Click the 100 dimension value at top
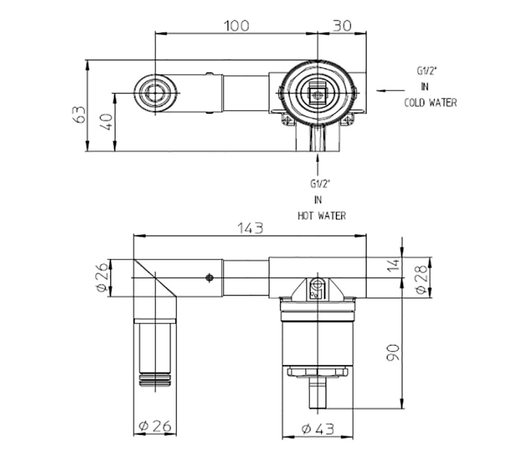(236, 26)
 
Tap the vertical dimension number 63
(80, 114)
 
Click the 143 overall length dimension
(250, 228)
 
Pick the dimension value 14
(393, 264)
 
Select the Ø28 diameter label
(422, 277)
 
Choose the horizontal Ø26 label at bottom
(154, 426)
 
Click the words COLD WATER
(430, 103)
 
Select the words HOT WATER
(321, 216)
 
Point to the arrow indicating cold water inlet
(390, 90)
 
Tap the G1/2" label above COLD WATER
(426, 71)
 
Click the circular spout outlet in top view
(155, 93)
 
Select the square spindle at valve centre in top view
(317, 94)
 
